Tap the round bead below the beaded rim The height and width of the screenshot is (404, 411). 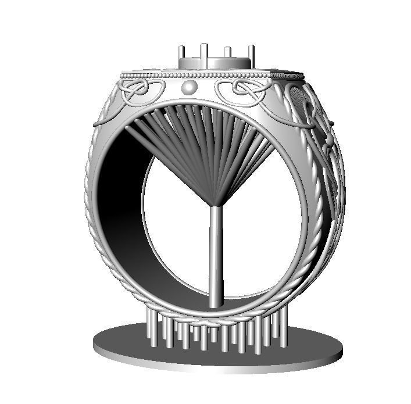(x=190, y=88)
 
